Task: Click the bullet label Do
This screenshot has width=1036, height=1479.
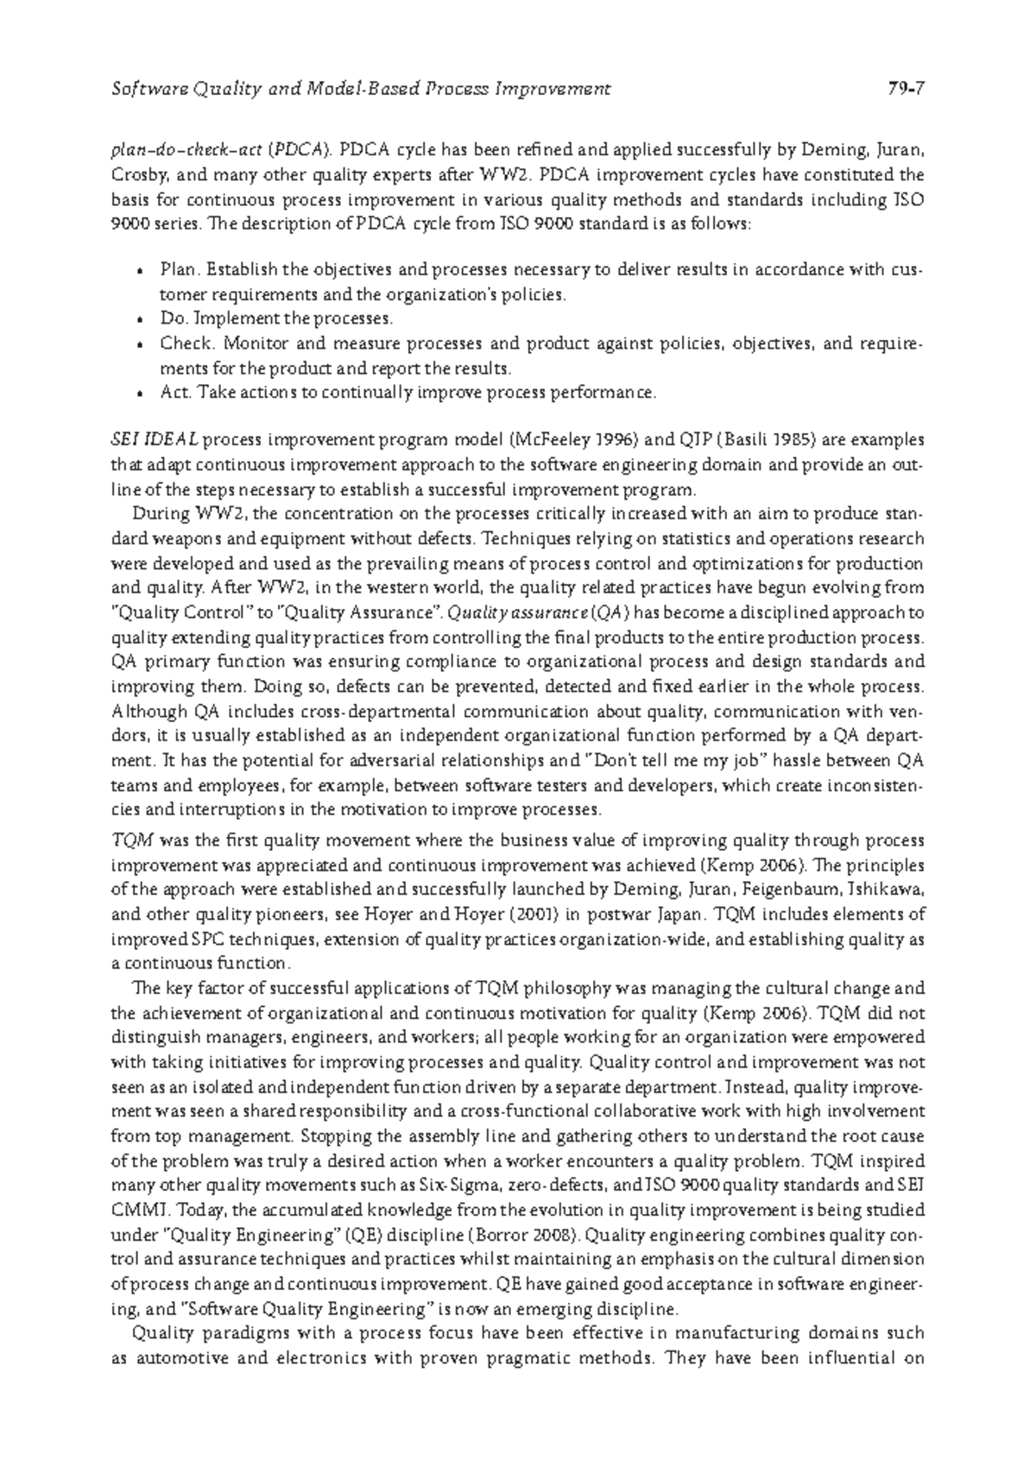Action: [169, 318]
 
